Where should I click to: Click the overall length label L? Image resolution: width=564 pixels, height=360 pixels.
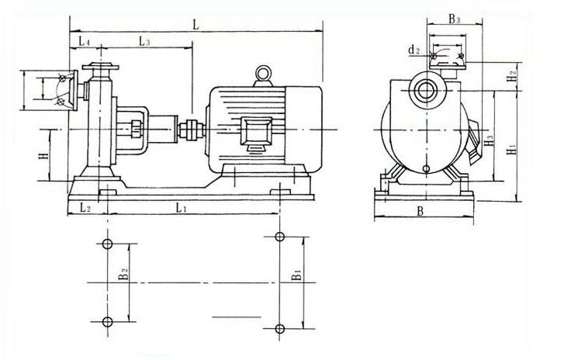coord(196,25)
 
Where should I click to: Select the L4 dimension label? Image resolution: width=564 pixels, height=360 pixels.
coord(84,41)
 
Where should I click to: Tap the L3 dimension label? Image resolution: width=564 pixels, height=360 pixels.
coord(144,41)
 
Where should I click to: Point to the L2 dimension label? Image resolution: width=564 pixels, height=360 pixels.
coord(85,207)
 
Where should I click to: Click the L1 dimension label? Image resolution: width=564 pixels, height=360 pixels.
coord(181,207)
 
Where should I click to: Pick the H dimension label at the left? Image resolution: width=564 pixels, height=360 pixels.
coord(43,156)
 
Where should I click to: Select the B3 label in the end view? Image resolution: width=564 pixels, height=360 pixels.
coord(455,19)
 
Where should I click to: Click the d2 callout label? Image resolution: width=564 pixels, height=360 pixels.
coord(414,50)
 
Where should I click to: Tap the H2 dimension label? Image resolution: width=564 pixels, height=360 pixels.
coord(511,76)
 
